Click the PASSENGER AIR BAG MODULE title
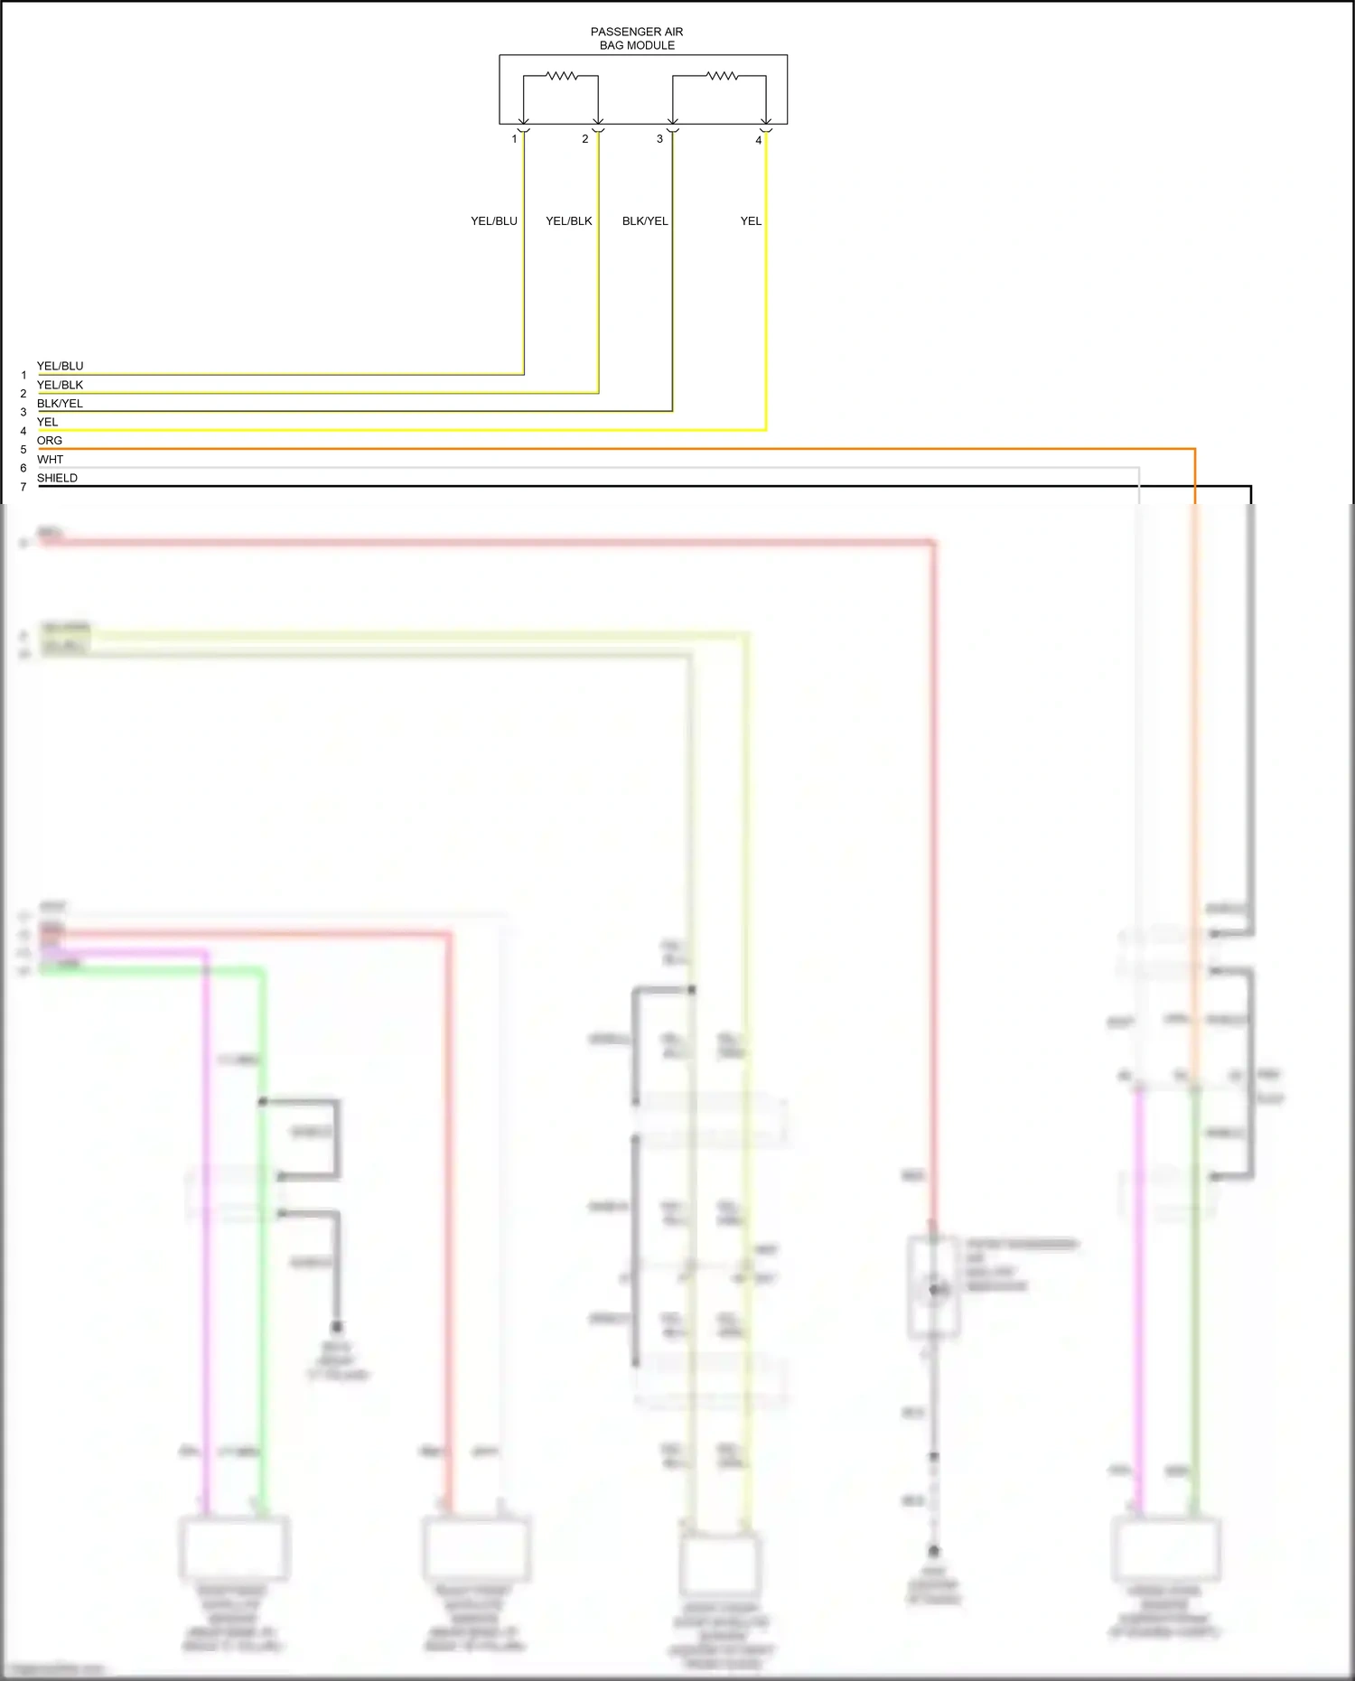coord(637,38)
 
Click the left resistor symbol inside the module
coord(561,77)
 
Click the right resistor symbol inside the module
coord(721,77)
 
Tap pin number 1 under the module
coord(514,139)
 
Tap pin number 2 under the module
coord(584,139)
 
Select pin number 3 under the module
coord(659,139)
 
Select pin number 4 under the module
coord(758,140)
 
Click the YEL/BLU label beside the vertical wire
coord(493,221)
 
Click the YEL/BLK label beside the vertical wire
coord(568,221)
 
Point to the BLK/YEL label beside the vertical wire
coord(645,221)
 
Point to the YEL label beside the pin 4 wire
coord(751,221)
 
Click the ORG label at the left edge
coord(50,441)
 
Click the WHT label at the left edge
coord(50,460)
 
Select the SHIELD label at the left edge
coord(57,479)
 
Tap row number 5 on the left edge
coord(23,450)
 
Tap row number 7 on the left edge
coord(23,488)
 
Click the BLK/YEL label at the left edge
coord(60,404)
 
